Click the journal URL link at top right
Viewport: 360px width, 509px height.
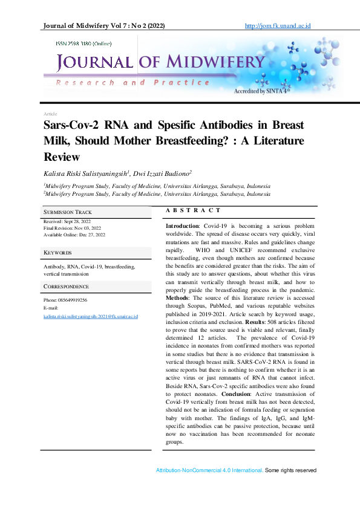coord(280,26)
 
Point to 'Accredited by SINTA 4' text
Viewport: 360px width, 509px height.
coord(261,91)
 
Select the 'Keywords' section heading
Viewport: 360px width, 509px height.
coord(57,253)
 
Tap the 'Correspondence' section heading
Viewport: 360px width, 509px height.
coord(67,287)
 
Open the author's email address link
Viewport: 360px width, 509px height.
coord(91,316)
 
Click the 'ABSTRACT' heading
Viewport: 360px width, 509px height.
coord(193,210)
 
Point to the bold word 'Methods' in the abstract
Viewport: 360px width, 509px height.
coord(178,298)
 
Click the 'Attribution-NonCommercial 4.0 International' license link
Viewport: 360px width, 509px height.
coord(209,470)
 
